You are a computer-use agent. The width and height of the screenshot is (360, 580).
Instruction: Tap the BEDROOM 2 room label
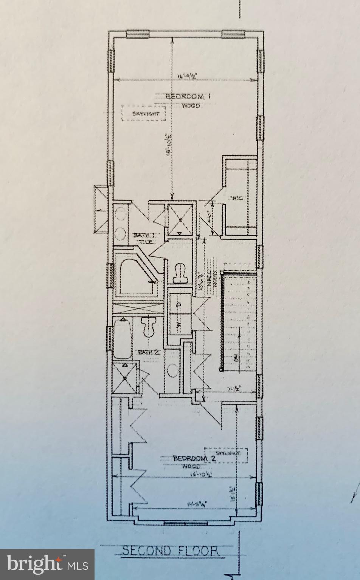pyautogui.click(x=194, y=458)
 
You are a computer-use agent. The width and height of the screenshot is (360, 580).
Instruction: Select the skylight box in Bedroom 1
pyautogui.click(x=143, y=113)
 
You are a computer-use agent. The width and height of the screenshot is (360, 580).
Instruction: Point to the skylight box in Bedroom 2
pyautogui.click(x=226, y=455)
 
